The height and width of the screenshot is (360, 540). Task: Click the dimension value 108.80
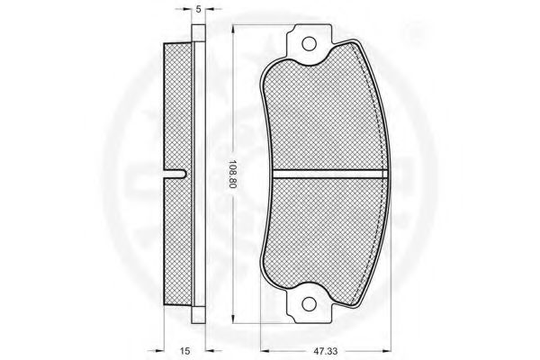point(232,175)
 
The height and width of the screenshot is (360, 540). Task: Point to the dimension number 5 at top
point(198,9)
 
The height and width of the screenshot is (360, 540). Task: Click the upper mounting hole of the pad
point(309,44)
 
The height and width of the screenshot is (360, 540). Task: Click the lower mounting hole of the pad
point(309,304)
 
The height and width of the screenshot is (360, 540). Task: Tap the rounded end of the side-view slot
point(184,175)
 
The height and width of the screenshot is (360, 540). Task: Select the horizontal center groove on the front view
point(330,175)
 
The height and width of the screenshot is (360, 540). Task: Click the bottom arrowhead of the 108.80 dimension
point(233,319)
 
